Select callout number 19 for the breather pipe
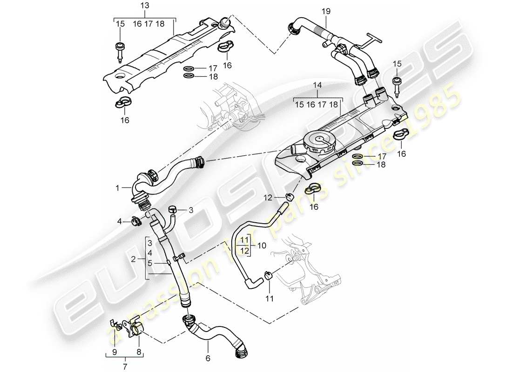click(325, 10)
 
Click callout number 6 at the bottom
click(208, 358)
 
